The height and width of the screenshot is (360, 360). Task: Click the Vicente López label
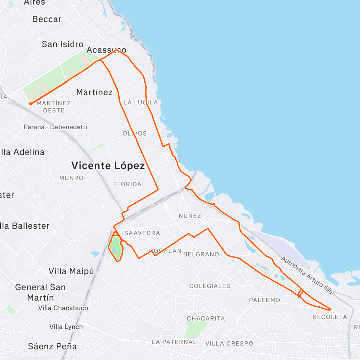tap(108, 166)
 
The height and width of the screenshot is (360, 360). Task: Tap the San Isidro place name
tap(62, 44)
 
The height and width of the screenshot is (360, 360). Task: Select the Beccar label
tap(47, 19)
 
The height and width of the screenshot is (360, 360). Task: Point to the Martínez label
tap(94, 92)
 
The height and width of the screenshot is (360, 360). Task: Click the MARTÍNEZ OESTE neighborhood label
tap(54, 107)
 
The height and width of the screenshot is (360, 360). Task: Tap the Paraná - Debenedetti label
tap(55, 127)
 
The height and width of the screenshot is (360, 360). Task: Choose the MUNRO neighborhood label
tap(71, 178)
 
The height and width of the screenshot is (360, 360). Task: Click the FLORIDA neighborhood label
tap(127, 184)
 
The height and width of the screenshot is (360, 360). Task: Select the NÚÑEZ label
tap(190, 216)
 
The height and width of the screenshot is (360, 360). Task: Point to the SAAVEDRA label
tap(142, 233)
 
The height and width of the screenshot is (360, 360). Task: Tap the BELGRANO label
tap(201, 254)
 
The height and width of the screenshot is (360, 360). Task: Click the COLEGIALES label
tap(210, 286)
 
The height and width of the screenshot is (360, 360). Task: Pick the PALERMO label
tap(264, 300)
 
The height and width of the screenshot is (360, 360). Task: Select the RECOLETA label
tap(330, 317)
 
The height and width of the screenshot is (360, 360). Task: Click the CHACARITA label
tap(206, 318)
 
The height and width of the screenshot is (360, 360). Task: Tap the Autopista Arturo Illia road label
tap(307, 275)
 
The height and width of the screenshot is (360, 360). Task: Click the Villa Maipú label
tap(71, 271)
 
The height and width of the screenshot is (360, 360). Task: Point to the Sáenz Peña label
tap(52, 346)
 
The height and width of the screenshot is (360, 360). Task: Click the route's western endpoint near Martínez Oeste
tap(30, 104)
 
